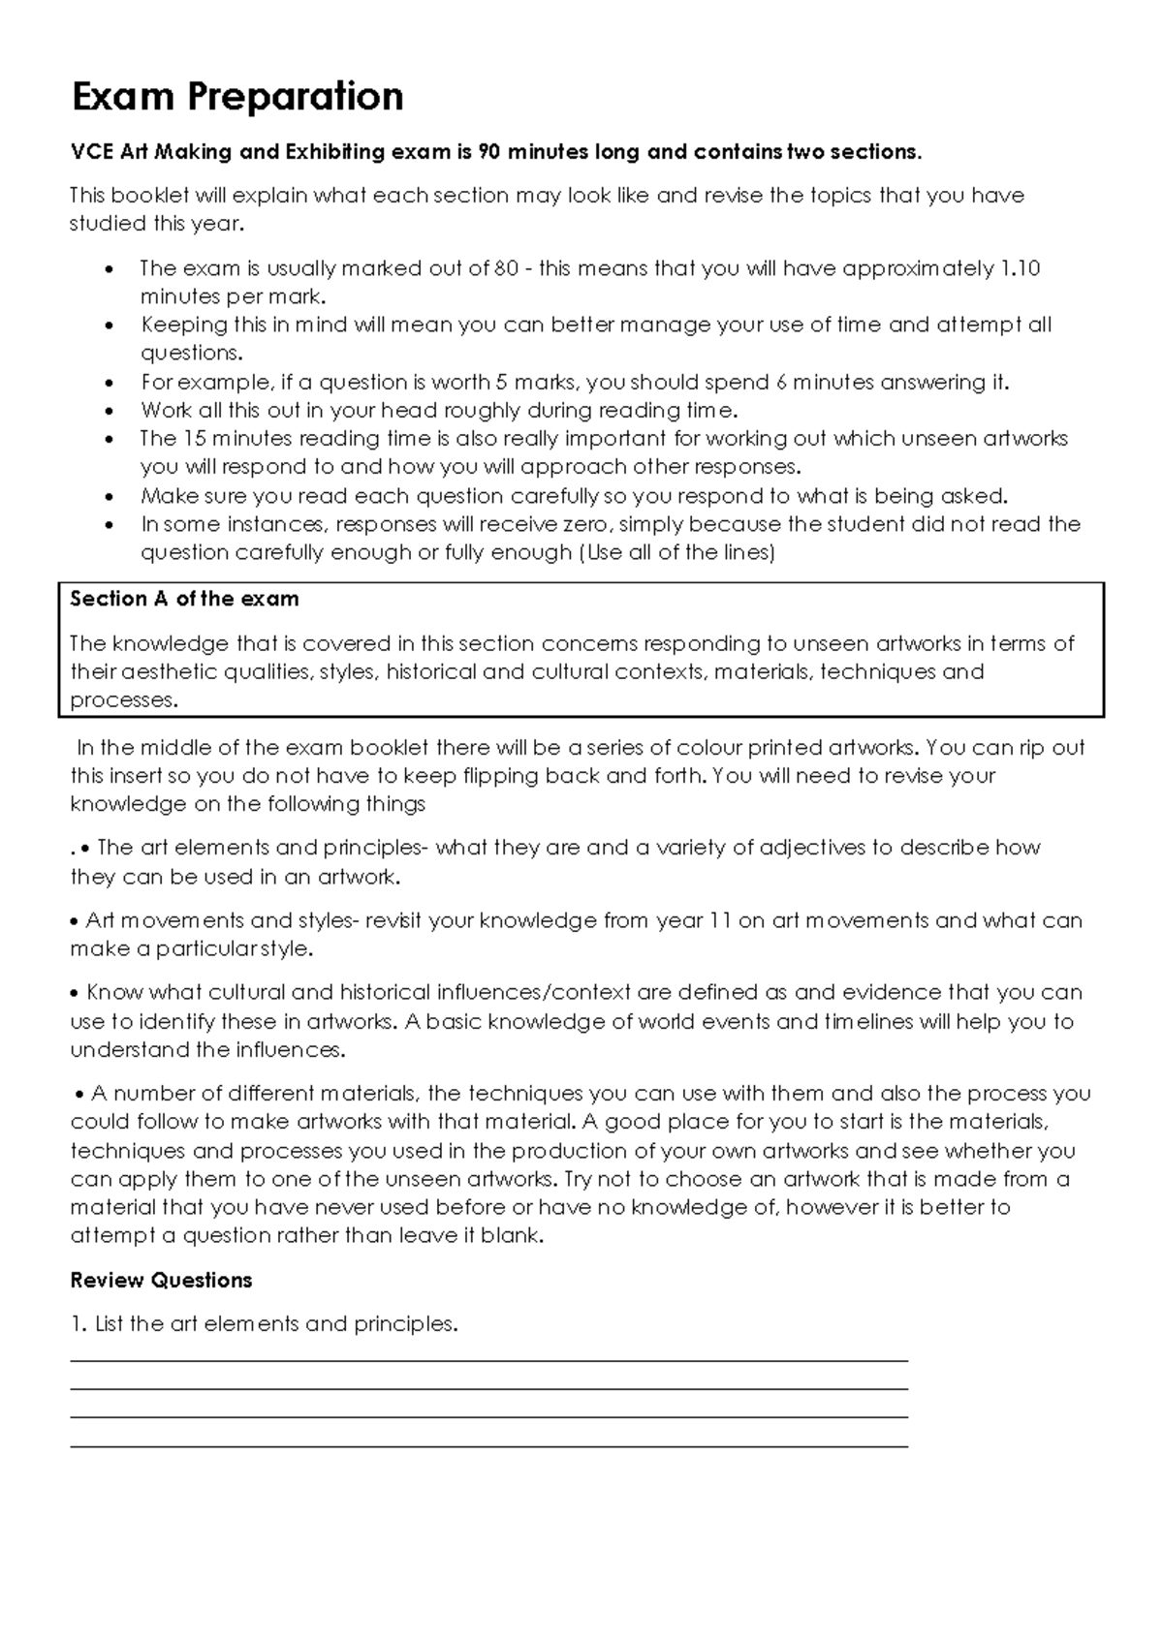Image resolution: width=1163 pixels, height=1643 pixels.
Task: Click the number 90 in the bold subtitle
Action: coord(491,152)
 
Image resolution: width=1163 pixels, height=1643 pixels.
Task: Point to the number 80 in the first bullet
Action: coord(506,268)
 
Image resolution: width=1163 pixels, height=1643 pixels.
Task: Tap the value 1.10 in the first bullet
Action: coord(1019,268)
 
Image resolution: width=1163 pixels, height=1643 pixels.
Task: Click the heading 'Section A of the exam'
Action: coord(184,599)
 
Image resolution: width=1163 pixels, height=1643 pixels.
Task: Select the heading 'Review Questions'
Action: coord(161,1280)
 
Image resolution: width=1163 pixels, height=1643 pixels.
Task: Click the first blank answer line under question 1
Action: coord(488,1361)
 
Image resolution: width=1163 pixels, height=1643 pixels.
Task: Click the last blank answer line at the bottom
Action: coord(488,1446)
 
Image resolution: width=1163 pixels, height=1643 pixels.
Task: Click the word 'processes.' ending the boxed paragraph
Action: coord(124,700)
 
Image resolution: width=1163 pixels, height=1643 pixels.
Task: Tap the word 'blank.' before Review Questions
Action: coord(514,1236)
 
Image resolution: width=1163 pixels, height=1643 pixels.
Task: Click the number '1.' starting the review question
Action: coord(79,1323)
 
